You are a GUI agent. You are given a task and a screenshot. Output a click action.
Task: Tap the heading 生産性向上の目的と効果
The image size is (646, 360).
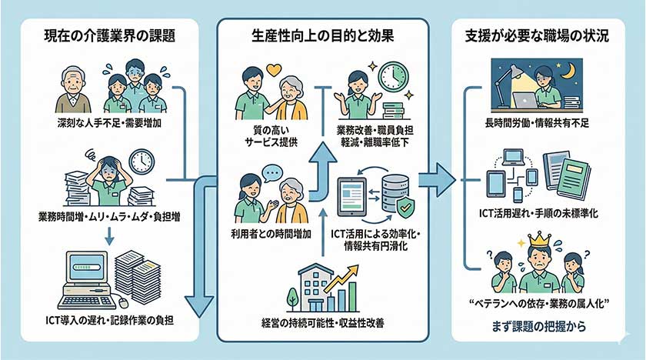323,35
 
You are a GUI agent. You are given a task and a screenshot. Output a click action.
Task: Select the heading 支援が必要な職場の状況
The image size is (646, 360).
536,35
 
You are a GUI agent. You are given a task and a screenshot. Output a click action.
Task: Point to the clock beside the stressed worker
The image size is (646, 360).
142,162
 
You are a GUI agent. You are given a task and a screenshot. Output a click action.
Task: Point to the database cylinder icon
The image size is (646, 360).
393,188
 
